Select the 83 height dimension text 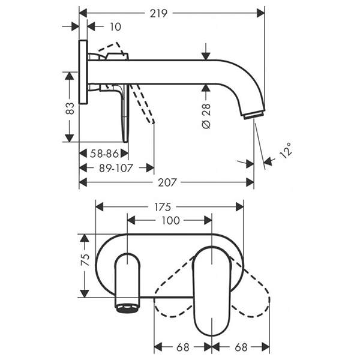pos(70,108)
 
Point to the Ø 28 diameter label pos(206,114)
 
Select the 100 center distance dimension pos(171,220)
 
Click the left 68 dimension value pos(183,346)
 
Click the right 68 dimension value pos(240,346)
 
